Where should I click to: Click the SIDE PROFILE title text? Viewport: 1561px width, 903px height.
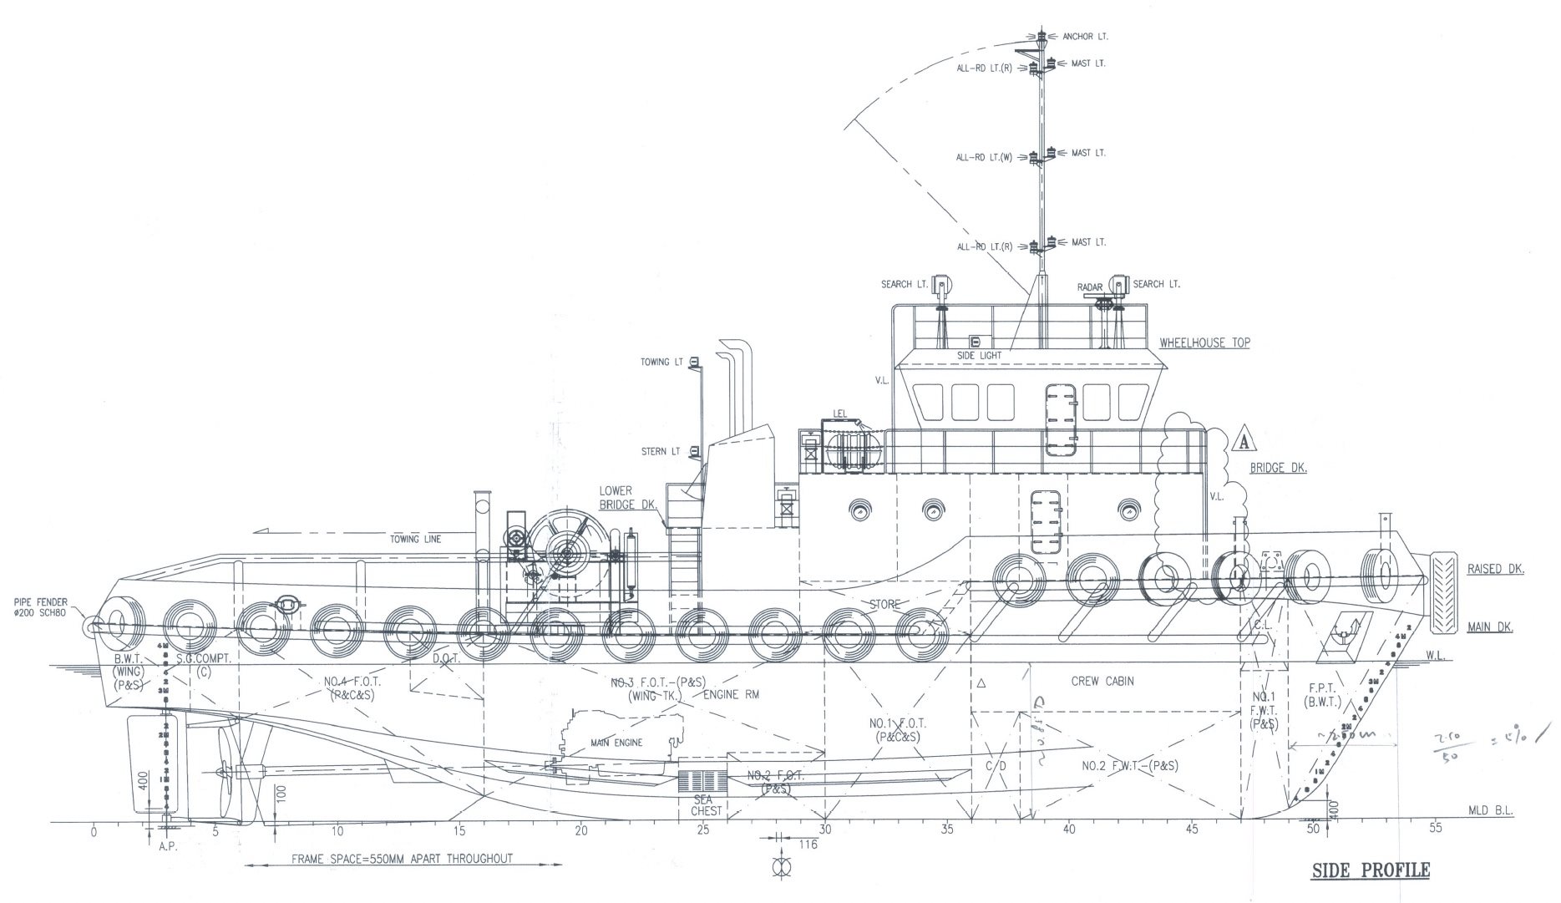(x=1371, y=870)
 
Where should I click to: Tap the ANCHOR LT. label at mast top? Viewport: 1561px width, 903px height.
(x=1085, y=37)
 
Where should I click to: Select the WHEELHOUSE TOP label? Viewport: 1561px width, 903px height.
(x=1204, y=342)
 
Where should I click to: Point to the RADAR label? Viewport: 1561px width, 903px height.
(x=1090, y=287)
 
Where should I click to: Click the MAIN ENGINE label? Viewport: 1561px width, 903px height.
(x=617, y=742)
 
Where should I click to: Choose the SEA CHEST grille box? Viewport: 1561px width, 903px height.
(x=701, y=782)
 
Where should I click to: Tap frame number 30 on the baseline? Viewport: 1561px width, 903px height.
(x=825, y=830)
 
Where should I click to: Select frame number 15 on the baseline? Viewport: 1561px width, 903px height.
(x=459, y=830)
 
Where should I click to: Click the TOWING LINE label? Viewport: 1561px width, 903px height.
(x=416, y=539)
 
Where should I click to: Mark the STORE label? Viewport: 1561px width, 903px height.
(x=885, y=604)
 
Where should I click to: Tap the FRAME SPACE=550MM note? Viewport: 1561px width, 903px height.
(x=402, y=859)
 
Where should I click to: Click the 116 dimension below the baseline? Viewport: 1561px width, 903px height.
(x=808, y=845)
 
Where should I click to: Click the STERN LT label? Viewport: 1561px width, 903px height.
(x=661, y=451)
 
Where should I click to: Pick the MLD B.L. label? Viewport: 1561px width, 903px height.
(x=1490, y=810)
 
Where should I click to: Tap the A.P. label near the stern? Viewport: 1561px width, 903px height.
(x=169, y=846)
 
